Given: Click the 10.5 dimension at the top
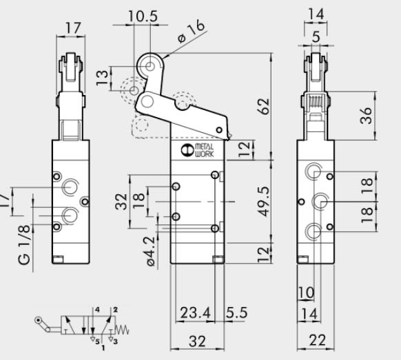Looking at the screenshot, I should point(143,14).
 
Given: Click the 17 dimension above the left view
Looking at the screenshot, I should point(72,29).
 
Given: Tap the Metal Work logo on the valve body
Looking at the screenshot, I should point(198,151).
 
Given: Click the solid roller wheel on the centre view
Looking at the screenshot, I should point(149,66).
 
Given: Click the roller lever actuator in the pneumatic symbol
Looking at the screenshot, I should point(45,323).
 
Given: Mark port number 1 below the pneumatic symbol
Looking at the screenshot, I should point(103,350).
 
